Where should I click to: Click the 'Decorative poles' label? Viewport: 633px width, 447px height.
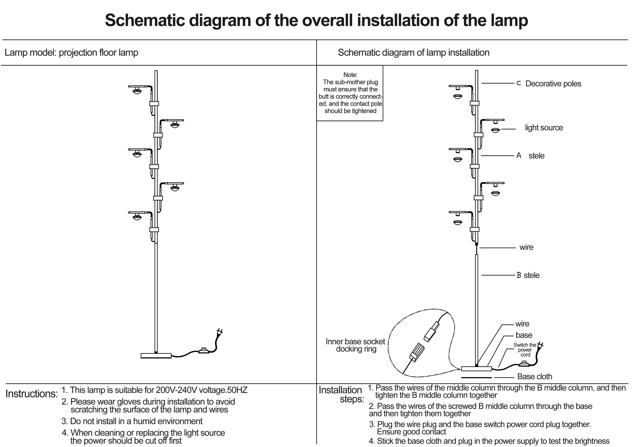coord(553,84)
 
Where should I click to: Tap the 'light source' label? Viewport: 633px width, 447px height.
coord(544,128)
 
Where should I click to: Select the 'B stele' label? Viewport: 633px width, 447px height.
coord(528,275)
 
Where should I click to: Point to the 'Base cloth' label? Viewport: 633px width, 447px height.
coord(535,377)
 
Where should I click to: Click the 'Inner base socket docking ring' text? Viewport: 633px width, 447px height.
coord(355,345)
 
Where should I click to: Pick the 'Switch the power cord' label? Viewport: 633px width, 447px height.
coord(525,350)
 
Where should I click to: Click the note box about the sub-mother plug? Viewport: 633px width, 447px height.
coord(350,93)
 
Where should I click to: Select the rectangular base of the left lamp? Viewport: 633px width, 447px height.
coord(156,356)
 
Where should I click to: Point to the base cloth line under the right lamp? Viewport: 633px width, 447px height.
coord(476,377)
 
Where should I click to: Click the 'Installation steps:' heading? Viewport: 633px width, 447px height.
coord(341,394)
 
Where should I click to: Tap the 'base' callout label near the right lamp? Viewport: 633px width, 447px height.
coord(524,335)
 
